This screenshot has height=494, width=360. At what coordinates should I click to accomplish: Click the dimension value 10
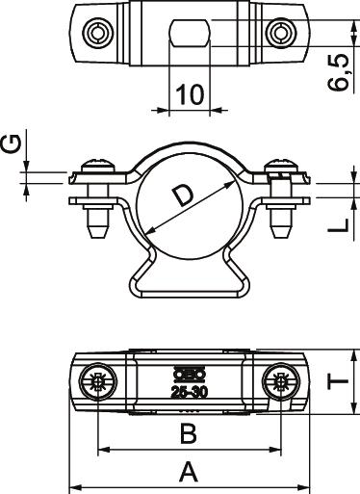coord(190,94)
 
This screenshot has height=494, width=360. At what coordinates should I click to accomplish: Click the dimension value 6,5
coord(338,73)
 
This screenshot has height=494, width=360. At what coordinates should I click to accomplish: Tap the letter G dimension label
coord(12,143)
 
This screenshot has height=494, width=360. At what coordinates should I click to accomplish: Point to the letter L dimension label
coord(338,225)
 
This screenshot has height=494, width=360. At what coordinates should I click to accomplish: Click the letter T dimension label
coord(338,380)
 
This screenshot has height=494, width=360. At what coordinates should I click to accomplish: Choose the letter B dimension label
coord(189,433)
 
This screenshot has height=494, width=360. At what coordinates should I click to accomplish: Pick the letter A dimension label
coord(189,472)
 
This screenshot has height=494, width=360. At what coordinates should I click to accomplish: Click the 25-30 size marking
coord(190,392)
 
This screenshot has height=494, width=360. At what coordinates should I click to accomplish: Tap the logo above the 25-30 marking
coord(190,374)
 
